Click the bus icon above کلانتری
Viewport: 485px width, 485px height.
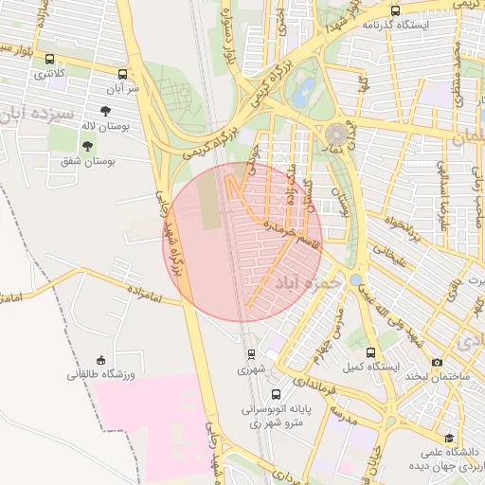coord(49,59)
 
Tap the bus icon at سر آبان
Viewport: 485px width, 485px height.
coord(122,73)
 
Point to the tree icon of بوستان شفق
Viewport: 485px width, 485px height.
coord(87,146)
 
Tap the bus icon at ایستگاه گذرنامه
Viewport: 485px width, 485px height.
coord(395,10)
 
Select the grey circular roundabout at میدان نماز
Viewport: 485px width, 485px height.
coord(336,133)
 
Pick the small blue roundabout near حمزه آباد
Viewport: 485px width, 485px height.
coord(354,279)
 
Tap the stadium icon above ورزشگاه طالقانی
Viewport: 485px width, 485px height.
coord(101,359)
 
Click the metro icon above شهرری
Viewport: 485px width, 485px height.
coord(251,354)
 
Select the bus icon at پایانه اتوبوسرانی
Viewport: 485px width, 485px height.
coord(276,394)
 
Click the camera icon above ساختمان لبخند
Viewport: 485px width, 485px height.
coord(437,362)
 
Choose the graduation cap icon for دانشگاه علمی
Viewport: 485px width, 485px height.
coord(449,437)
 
